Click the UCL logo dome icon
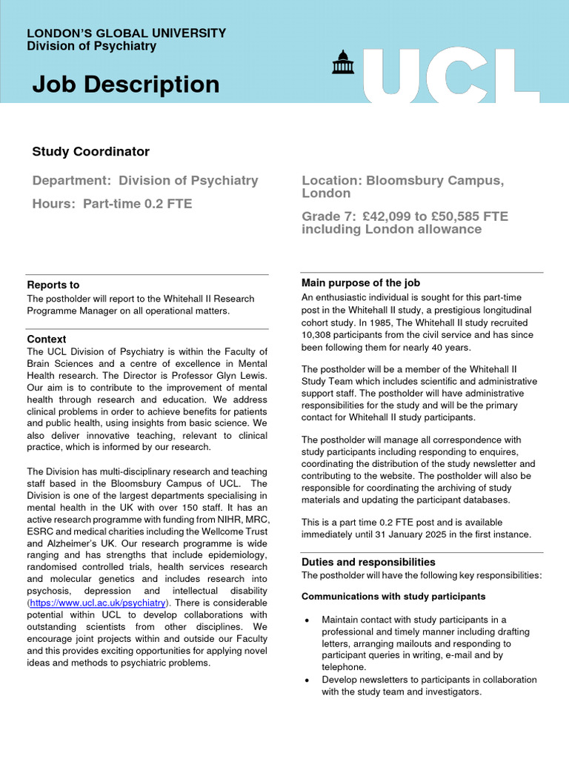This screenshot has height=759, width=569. tap(342, 63)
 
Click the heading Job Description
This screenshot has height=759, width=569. tap(125, 84)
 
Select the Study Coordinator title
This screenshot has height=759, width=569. tap(90, 152)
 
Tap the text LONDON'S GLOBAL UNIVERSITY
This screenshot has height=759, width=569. tap(126, 33)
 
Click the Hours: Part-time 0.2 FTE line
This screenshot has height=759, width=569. tap(112, 204)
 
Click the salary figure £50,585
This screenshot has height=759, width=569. tap(455, 216)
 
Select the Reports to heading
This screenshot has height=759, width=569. tap(53, 285)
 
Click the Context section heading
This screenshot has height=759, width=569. tap(46, 339)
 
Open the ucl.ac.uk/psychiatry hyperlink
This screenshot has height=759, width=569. tap(98, 603)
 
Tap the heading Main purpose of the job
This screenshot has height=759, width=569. tap(360, 282)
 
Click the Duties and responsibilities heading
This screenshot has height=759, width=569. tap(368, 562)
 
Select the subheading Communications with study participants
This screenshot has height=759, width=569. tap(393, 596)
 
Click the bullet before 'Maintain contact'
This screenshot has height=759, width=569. tap(307, 620)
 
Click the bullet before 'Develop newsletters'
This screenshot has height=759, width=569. tap(307, 680)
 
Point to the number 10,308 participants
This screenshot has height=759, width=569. tap(319, 335)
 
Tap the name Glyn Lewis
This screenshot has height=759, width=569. tap(241, 375)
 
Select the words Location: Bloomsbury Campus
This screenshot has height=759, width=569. tap(402, 181)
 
